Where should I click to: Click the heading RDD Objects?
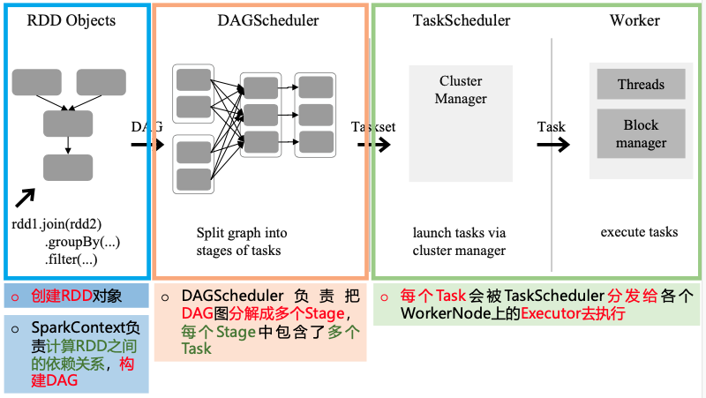tap(72, 20)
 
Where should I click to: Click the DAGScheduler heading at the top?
tap(259, 20)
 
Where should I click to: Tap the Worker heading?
tap(635, 20)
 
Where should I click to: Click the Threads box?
tap(641, 85)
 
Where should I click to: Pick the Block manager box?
tap(641, 134)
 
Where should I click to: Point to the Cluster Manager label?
tap(461, 90)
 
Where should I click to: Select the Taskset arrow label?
tap(373, 127)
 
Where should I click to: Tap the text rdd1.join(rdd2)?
tap(55, 224)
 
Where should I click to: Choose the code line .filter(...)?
tap(71, 259)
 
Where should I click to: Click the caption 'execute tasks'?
tap(639, 232)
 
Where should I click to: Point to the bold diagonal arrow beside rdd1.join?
tap(26, 198)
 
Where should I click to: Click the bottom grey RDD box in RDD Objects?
tap(68, 167)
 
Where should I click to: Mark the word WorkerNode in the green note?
tap(438, 313)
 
